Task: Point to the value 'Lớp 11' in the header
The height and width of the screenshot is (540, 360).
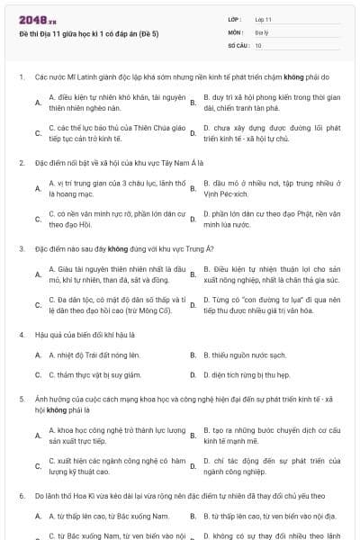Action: (x=264, y=19)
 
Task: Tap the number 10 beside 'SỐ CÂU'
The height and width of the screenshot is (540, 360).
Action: (x=258, y=44)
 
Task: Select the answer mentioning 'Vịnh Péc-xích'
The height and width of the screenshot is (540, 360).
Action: (x=271, y=188)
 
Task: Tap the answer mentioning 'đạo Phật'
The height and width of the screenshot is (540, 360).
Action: (x=271, y=220)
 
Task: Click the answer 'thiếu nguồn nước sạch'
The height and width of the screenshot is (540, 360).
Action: (x=244, y=355)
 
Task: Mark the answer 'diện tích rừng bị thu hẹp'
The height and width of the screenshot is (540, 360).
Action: (x=247, y=374)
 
